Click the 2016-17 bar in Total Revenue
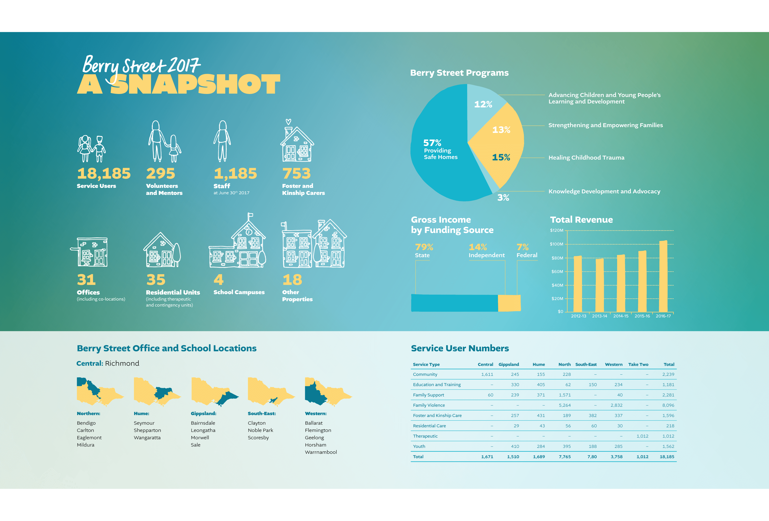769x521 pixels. (x=663, y=276)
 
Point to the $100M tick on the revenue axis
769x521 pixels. (x=557, y=244)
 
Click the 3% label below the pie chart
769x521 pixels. (x=503, y=198)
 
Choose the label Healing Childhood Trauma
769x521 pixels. (x=586, y=157)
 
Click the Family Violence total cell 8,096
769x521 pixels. (x=668, y=405)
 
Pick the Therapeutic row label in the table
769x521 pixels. (x=425, y=436)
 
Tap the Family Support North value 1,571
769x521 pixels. (x=565, y=395)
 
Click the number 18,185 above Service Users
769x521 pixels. (x=104, y=173)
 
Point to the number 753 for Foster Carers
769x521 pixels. (x=297, y=173)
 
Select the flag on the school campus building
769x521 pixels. (x=250, y=215)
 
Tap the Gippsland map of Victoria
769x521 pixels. (x=215, y=392)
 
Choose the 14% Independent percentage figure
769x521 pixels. (x=478, y=247)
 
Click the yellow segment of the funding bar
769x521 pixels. (x=509, y=303)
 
